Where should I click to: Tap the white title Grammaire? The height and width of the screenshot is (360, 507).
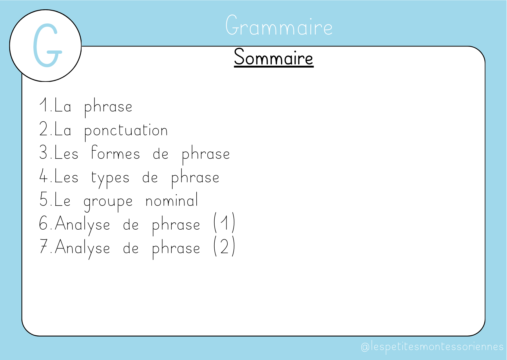[x=279, y=26]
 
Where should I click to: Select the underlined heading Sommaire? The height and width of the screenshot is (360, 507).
[x=274, y=57]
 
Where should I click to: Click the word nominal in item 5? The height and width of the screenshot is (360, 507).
[x=172, y=199]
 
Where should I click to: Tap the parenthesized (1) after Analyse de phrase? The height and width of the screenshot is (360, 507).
[x=224, y=223]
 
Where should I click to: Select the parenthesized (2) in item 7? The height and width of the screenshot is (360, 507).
[x=224, y=246]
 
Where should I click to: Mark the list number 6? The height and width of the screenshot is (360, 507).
[x=44, y=223]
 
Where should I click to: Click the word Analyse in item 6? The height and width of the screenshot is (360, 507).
[x=82, y=225]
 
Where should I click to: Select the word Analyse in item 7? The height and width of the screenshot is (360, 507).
[x=82, y=249]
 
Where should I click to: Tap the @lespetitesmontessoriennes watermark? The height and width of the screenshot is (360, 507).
[x=432, y=347]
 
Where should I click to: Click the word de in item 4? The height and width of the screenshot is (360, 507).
[x=150, y=176]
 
